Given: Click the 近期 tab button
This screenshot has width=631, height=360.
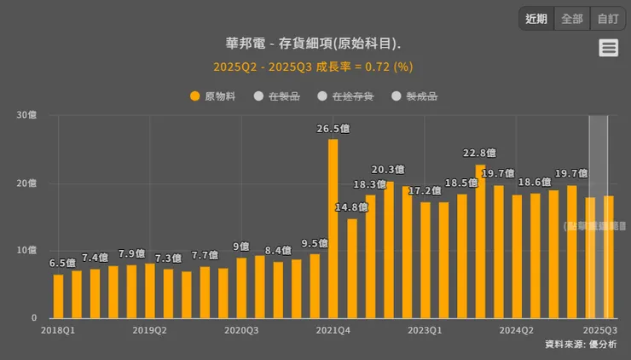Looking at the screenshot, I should (536, 19).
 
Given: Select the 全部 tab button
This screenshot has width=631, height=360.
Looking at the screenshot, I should (572, 19).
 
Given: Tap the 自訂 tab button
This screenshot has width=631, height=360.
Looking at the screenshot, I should (608, 19).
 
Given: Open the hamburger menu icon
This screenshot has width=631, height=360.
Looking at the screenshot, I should (608, 48).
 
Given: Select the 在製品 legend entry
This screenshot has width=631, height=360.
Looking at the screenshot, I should (277, 96).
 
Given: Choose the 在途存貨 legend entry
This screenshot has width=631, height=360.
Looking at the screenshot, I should (345, 96).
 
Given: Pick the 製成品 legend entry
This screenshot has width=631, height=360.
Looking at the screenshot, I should (414, 96).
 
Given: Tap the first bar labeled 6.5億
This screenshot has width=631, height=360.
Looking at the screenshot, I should (58, 295).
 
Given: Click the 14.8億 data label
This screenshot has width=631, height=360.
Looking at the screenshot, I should (351, 207).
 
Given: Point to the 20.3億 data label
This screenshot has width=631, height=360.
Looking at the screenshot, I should (388, 170).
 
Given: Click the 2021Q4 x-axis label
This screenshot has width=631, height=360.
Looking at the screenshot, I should (333, 329).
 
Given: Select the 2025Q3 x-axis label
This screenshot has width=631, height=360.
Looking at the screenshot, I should (599, 329).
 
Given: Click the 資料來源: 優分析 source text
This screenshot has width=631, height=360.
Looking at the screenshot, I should (581, 344).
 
